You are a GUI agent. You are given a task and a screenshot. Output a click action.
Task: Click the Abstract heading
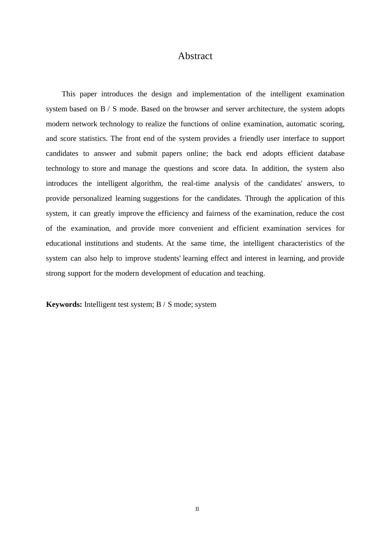[x=195, y=56]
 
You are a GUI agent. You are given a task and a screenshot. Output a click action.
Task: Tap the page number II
[x=197, y=509]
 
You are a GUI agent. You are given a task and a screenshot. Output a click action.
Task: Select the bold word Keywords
[x=64, y=304]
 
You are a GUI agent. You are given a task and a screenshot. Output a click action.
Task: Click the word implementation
[x=216, y=94]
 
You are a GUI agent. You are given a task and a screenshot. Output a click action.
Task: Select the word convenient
[x=196, y=228]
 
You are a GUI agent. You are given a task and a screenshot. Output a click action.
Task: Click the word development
[x=161, y=273]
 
